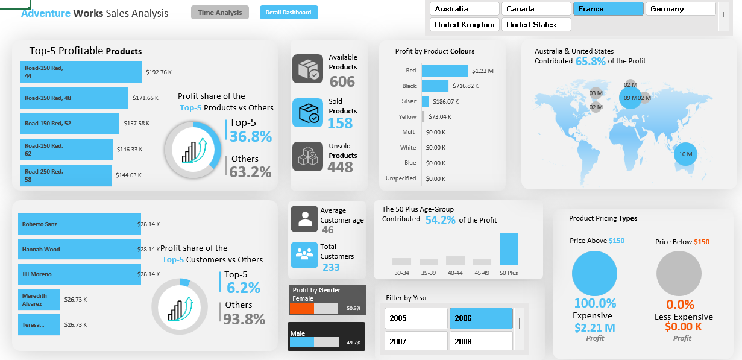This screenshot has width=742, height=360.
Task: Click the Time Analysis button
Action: click(219, 13)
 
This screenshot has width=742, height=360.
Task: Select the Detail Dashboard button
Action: click(288, 13)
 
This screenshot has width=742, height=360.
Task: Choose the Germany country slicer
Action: click(680, 9)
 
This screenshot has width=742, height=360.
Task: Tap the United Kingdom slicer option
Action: click(465, 25)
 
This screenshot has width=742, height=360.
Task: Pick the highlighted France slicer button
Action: click(608, 9)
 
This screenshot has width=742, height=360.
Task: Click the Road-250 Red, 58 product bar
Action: click(66, 175)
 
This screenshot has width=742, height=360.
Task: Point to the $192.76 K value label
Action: click(159, 72)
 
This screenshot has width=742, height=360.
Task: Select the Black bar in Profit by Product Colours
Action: click(435, 86)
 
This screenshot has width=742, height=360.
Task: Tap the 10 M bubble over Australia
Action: click(685, 154)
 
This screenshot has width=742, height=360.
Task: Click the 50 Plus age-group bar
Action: click(508, 249)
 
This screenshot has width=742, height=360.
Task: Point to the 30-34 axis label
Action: click(401, 273)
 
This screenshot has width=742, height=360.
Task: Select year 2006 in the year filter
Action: click(480, 318)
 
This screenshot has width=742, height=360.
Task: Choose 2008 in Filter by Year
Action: click(480, 341)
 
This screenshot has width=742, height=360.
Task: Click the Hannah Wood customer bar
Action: click(79, 249)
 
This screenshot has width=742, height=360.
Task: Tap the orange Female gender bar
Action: click(301, 308)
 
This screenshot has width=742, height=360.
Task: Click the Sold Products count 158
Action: click(340, 123)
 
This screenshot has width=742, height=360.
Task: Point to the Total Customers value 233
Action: click(331, 267)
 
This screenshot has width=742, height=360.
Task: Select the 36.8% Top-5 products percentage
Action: click(251, 136)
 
